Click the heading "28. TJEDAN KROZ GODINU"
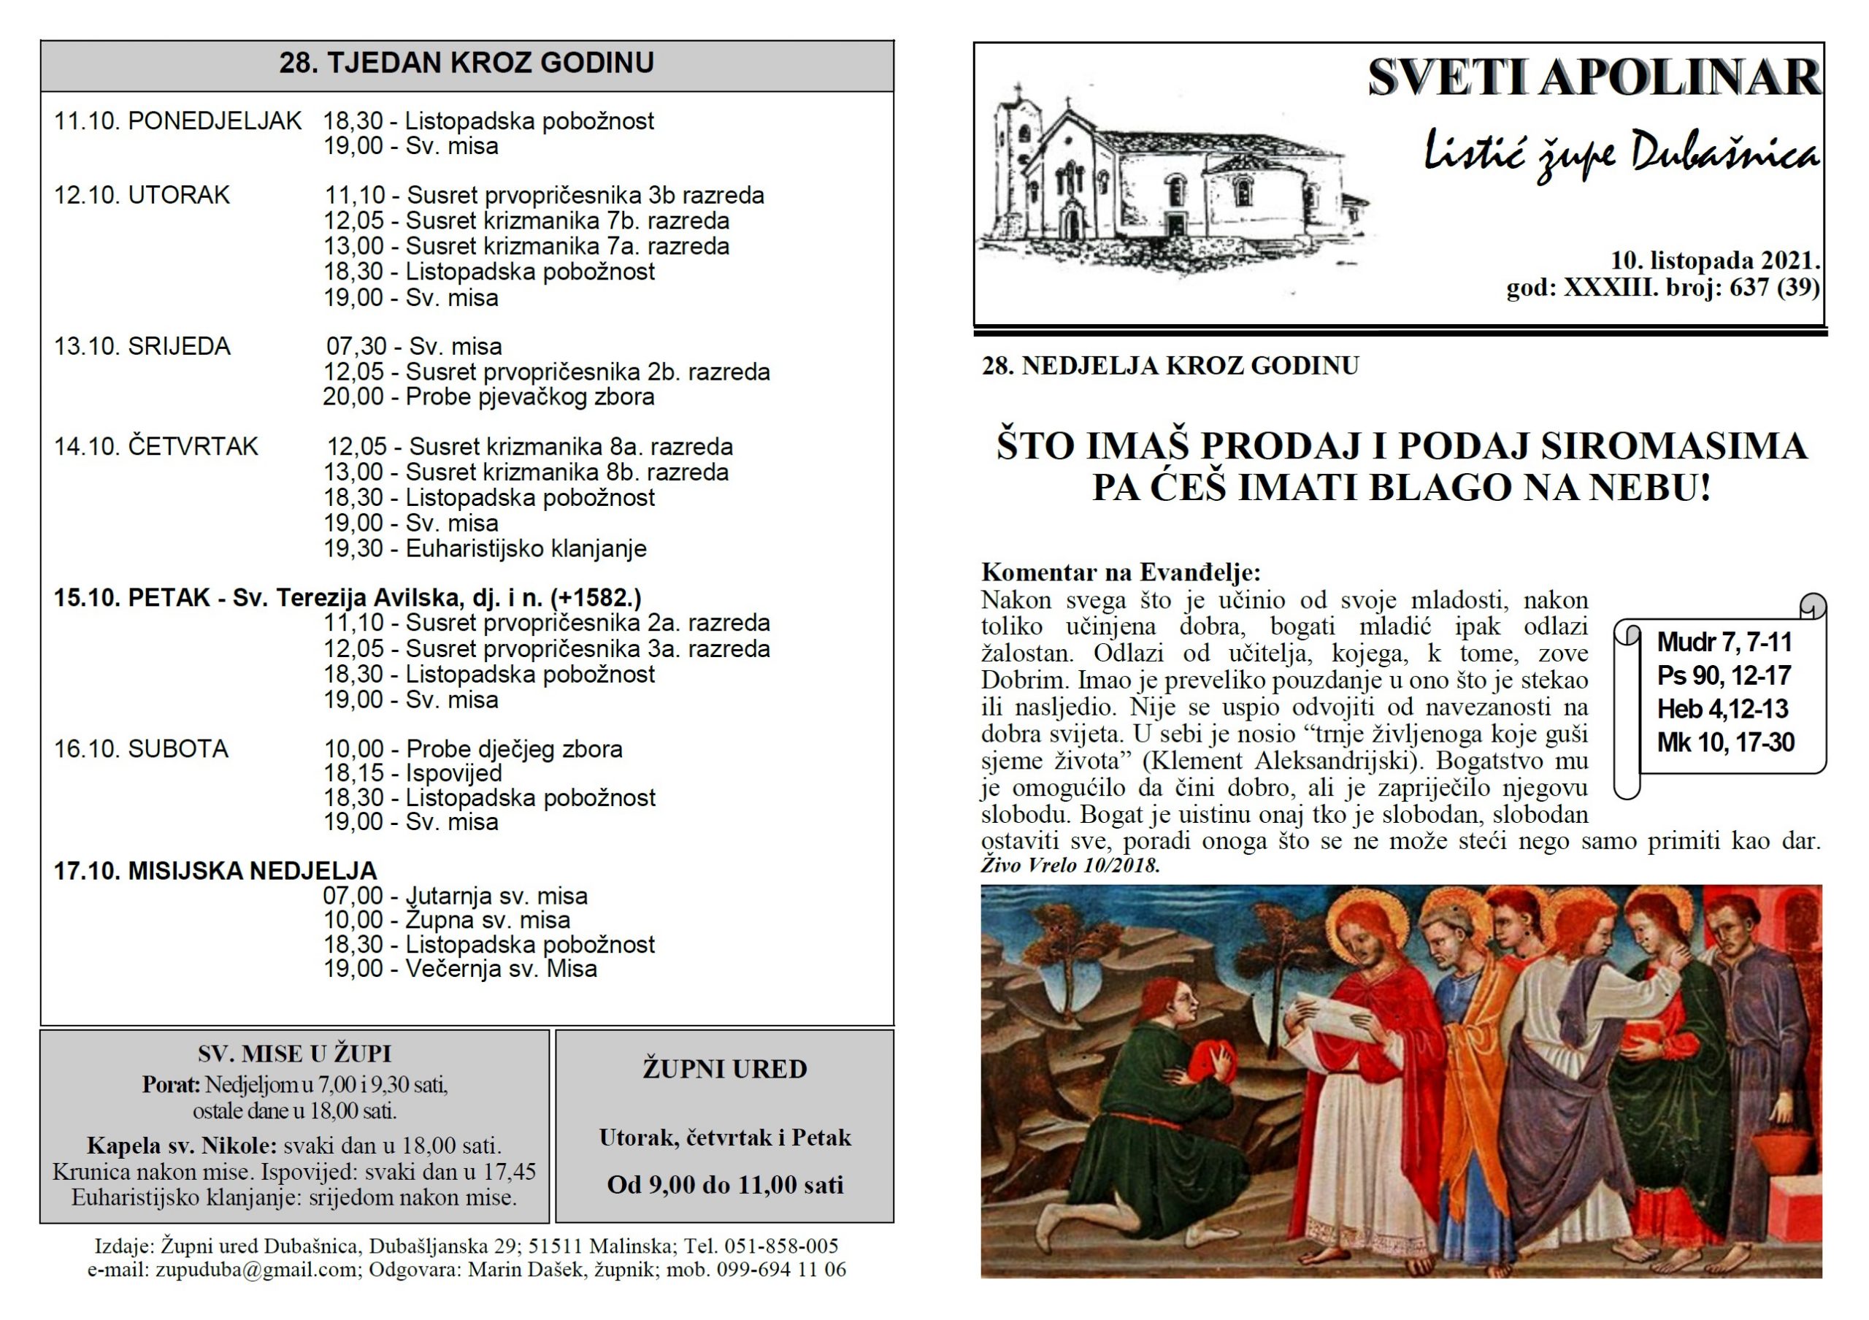(x=467, y=64)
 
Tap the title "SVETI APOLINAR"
(x=1593, y=78)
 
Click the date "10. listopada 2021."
(x=1715, y=261)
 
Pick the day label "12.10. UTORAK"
(x=142, y=196)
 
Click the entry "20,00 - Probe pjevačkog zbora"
(x=488, y=397)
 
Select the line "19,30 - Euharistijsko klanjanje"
(x=486, y=548)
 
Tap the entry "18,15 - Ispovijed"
(x=412, y=773)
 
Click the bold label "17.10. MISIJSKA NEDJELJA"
(x=215, y=871)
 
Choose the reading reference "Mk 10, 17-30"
(x=1725, y=742)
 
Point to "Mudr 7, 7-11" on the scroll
(x=1724, y=642)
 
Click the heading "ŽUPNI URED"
(x=724, y=1069)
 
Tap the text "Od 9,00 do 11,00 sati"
(x=724, y=1184)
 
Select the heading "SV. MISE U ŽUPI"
(x=295, y=1054)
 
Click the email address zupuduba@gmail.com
(x=256, y=1269)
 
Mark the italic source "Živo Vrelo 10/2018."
(x=1070, y=864)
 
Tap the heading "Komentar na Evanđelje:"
(x=1120, y=572)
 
